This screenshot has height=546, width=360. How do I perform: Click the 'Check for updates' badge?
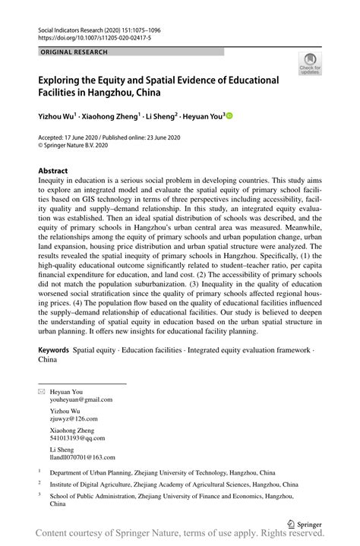point(311,65)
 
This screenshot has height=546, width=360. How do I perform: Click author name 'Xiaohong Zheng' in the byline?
point(113,117)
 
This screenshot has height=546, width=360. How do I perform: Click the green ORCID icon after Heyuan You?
point(229,117)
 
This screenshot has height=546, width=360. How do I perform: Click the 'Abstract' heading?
point(53,171)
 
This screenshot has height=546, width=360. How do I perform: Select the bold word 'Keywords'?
point(53,352)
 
